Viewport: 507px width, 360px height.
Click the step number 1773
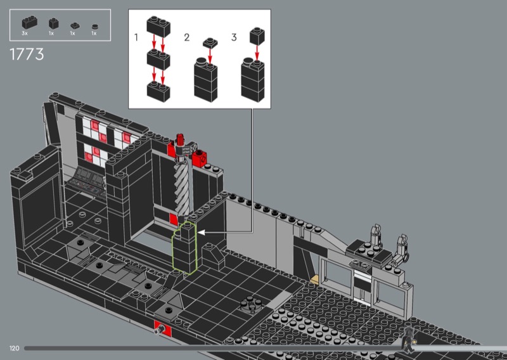click(27, 54)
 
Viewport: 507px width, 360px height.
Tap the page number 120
click(14, 349)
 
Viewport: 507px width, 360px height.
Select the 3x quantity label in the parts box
click(25, 34)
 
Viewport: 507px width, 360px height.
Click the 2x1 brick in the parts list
click(29, 22)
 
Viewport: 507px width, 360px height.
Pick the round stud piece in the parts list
click(94, 27)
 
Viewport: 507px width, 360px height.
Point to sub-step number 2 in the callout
click(186, 37)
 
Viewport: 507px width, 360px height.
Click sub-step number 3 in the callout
click(234, 37)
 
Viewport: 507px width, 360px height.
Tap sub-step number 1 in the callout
click(136, 37)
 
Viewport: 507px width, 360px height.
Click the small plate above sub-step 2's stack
click(210, 43)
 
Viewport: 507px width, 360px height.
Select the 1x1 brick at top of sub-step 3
click(257, 36)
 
